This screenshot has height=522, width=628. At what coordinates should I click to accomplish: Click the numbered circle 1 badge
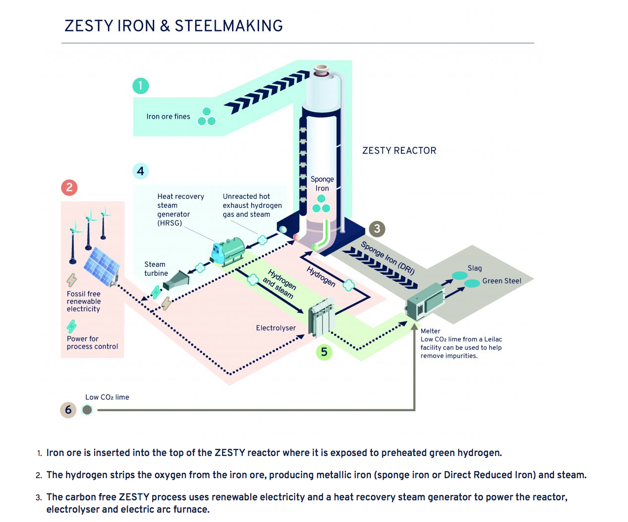point(140,86)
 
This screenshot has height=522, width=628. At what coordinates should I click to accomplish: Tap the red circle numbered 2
point(69,187)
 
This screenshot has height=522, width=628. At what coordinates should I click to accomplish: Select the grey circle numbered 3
point(377,228)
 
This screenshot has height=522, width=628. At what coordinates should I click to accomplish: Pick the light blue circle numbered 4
point(140,171)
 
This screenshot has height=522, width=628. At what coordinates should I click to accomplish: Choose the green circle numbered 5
point(324,352)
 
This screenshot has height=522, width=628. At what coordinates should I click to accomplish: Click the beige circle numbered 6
point(68,410)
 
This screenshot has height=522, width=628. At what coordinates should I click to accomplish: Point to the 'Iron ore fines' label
point(168,117)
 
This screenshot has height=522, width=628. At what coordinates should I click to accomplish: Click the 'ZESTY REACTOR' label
point(399,151)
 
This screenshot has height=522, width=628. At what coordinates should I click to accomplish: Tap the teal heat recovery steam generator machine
point(228,251)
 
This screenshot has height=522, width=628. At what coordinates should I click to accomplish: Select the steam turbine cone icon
point(177,280)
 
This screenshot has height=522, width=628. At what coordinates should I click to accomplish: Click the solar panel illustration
point(101,266)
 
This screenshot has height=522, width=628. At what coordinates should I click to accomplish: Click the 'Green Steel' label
point(501,281)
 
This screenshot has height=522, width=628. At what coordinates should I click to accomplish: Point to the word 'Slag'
point(475,268)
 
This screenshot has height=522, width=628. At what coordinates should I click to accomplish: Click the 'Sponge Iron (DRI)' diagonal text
point(388,258)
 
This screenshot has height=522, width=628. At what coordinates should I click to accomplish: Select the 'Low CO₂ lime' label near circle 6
point(107,397)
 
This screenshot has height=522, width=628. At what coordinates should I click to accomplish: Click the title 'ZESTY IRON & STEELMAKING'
point(173,26)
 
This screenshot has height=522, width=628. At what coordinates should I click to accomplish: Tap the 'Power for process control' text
point(92,343)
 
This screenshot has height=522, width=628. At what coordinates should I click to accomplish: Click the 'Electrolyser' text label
point(276,328)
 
